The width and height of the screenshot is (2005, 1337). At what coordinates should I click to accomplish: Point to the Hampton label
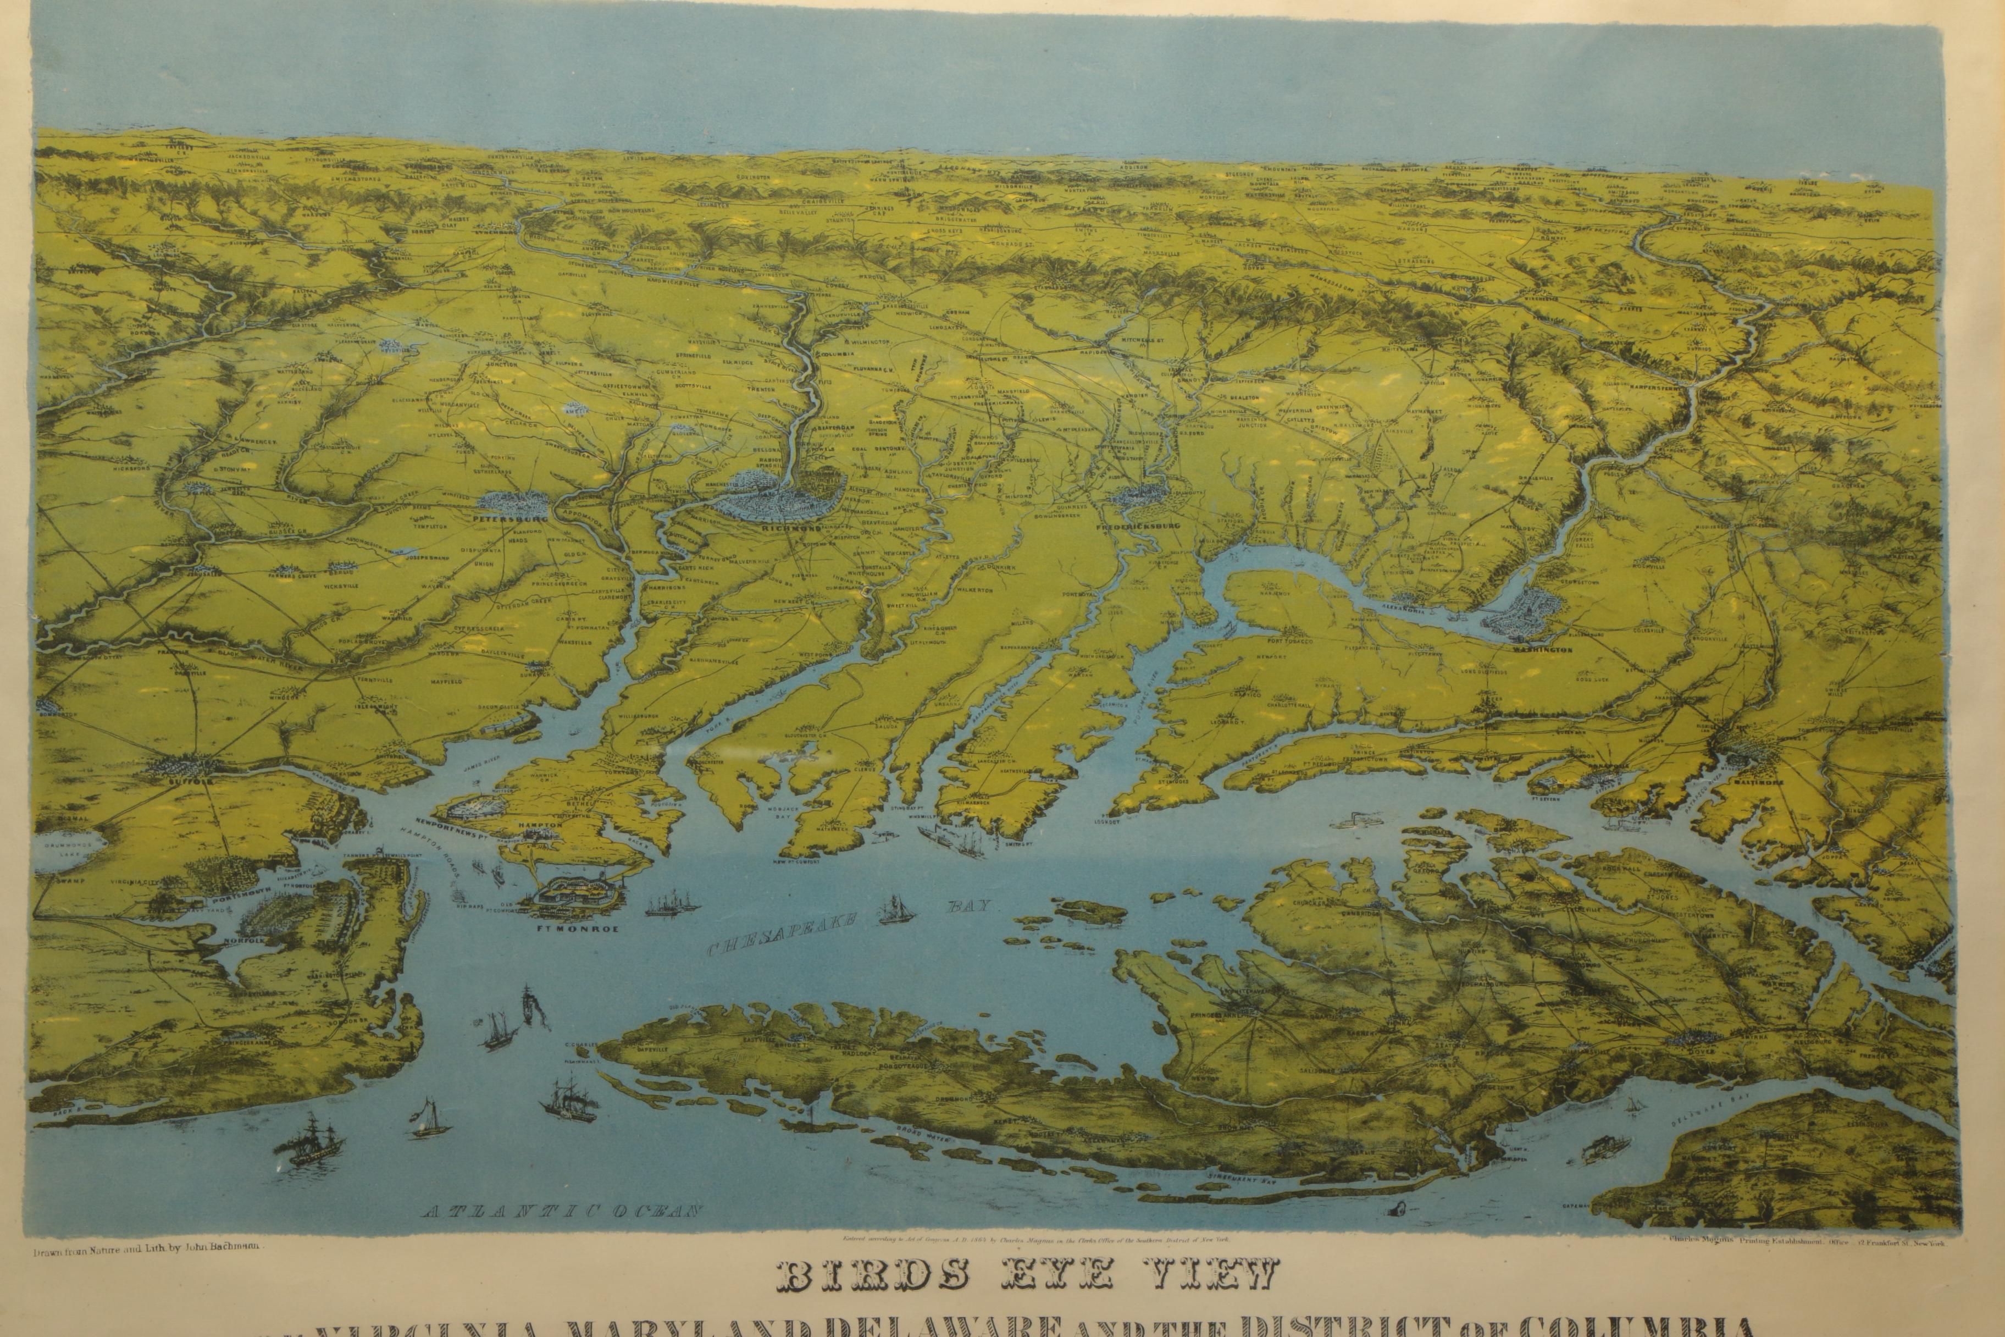540,825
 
